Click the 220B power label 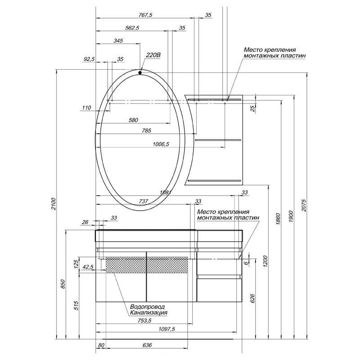tap(153, 55)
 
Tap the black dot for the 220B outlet tap(140, 73)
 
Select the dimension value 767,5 tap(145, 15)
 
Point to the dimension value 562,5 tap(132, 28)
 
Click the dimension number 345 tap(118, 41)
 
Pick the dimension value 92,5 tap(89, 59)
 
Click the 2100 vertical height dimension tap(54, 204)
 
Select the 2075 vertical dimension tap(304, 206)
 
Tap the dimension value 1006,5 tap(161, 144)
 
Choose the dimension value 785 tap(147, 130)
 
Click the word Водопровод tap(148, 307)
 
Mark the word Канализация tap(148, 312)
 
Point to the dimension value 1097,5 tap(166, 329)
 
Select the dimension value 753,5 tap(144, 321)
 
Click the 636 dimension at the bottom tap(147, 345)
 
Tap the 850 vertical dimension tap(63, 284)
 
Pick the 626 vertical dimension tap(252, 298)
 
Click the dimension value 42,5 tap(88, 267)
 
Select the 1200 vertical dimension tap(265, 261)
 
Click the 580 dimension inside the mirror tap(133, 120)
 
